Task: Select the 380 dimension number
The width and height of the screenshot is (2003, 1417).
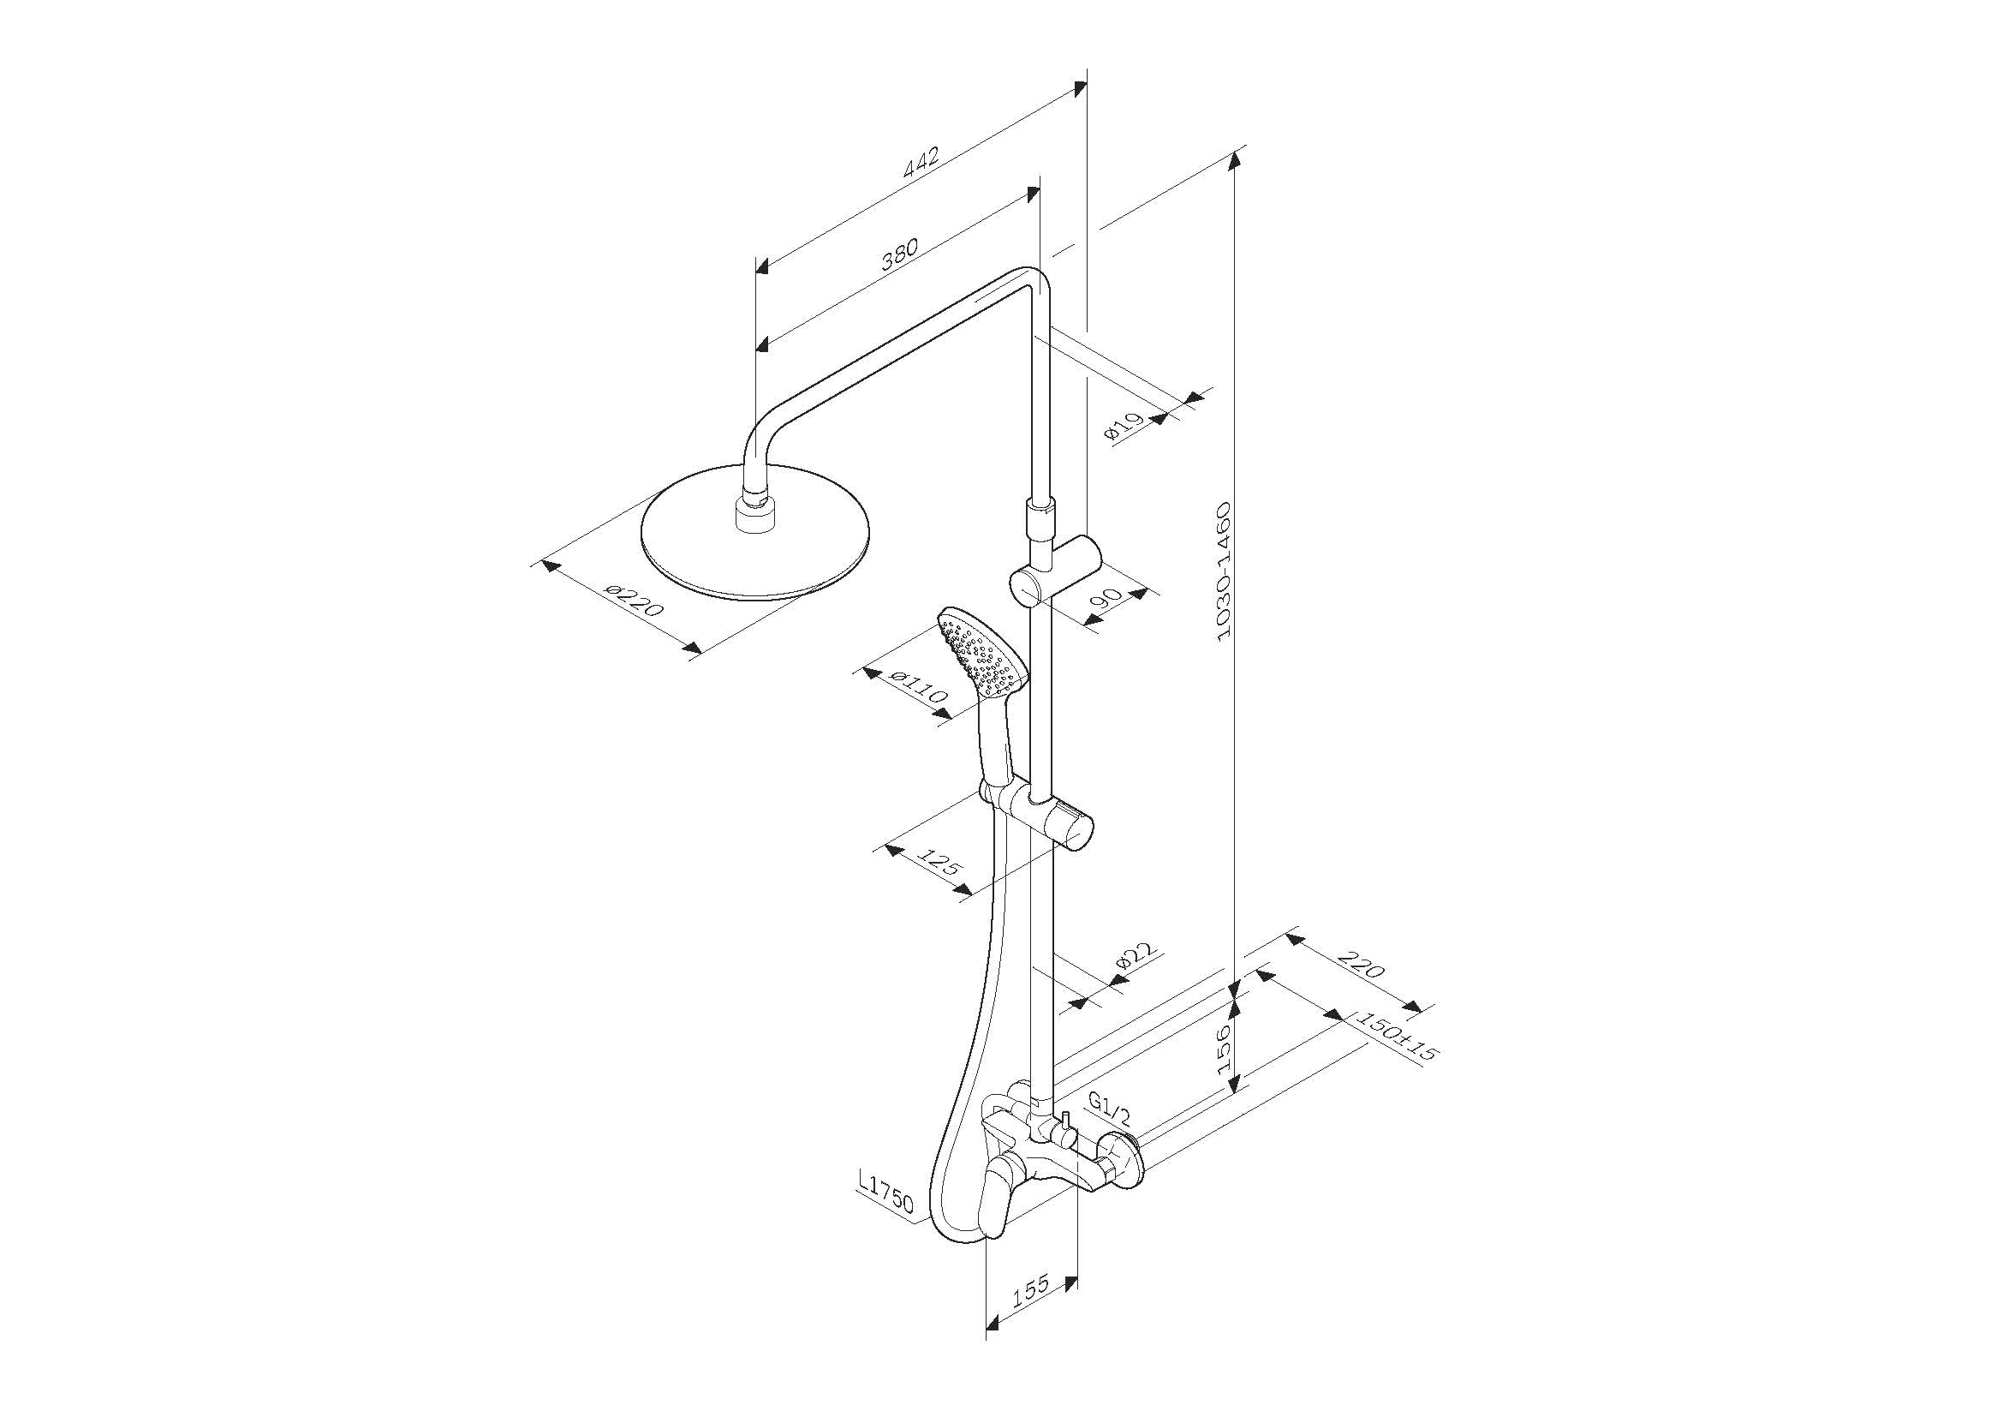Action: pos(898,254)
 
